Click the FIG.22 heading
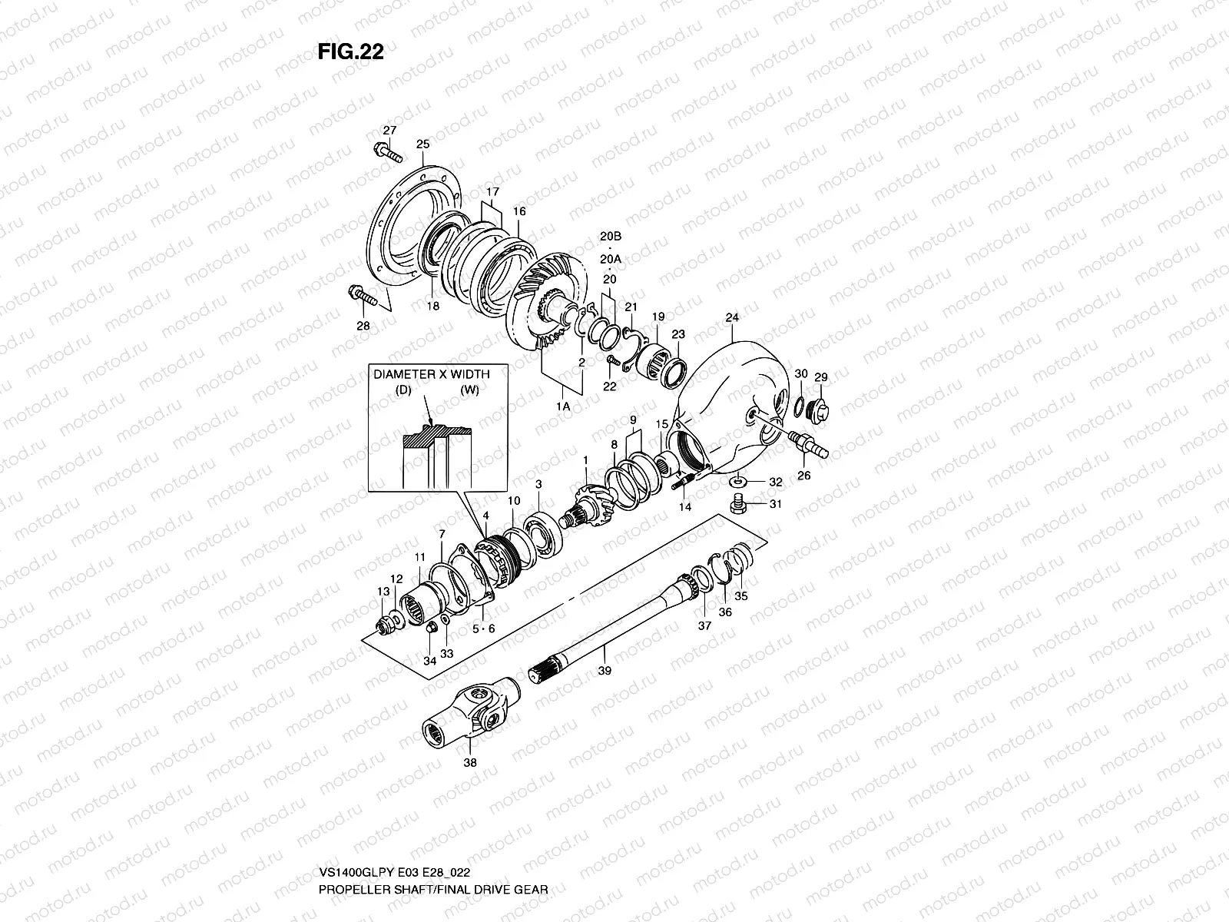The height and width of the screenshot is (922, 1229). click(350, 51)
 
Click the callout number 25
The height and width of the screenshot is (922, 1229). click(423, 144)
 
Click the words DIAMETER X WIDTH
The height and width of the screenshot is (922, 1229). click(442, 374)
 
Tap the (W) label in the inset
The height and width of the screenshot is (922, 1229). click(470, 390)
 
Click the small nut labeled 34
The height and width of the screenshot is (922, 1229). click(432, 628)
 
